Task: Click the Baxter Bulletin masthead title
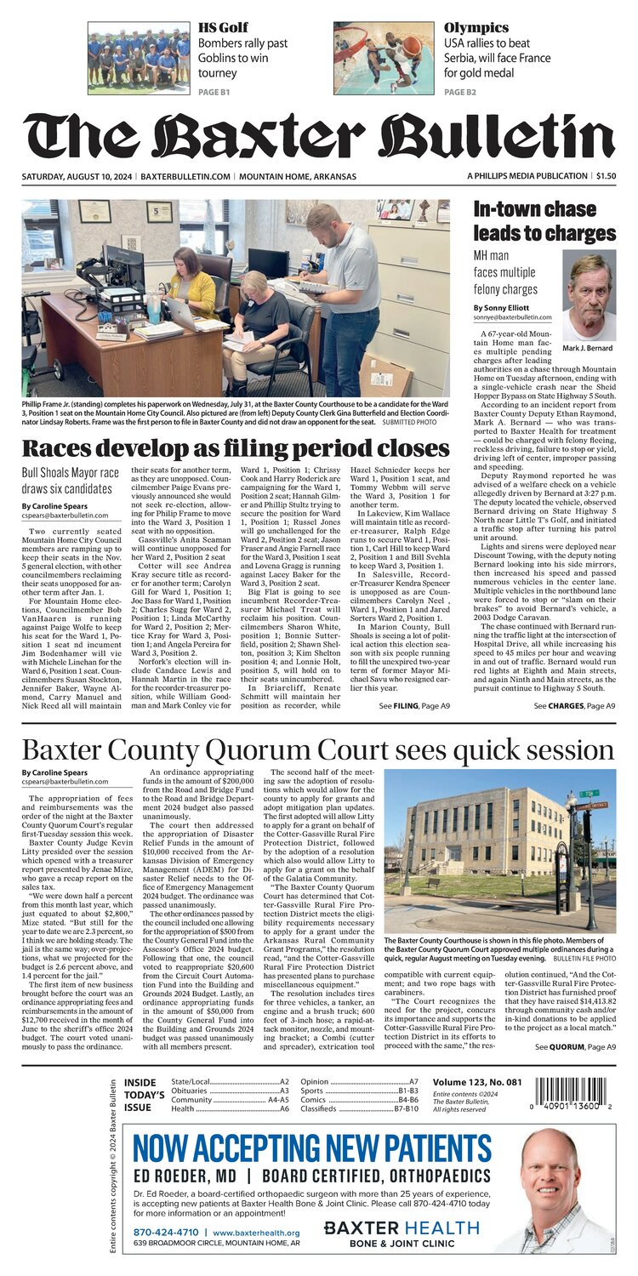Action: [319, 135]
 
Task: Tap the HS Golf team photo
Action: [139, 57]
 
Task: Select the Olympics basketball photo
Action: [384, 57]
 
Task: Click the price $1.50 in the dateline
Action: [606, 176]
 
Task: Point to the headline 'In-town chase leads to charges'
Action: [544, 222]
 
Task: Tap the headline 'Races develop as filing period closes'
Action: [235, 448]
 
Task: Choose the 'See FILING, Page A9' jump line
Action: [415, 705]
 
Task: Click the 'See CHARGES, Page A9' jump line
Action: [574, 705]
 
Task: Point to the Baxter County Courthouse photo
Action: [499, 851]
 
